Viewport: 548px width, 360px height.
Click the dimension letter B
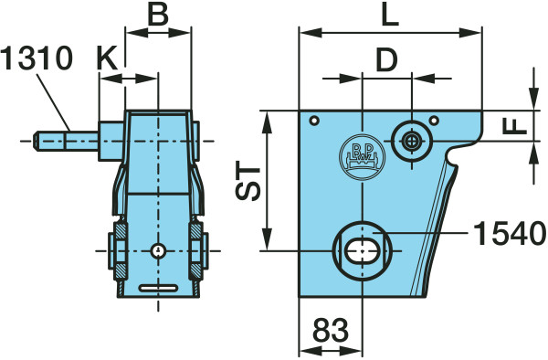(158, 15)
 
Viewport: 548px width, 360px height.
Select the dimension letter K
(107, 58)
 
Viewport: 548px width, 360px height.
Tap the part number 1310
(37, 58)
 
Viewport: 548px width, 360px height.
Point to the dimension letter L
(390, 15)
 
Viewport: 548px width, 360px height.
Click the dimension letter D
(386, 59)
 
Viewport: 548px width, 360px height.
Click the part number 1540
(510, 234)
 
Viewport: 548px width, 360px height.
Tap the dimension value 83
(331, 330)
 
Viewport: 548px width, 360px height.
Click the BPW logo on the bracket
(363, 156)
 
